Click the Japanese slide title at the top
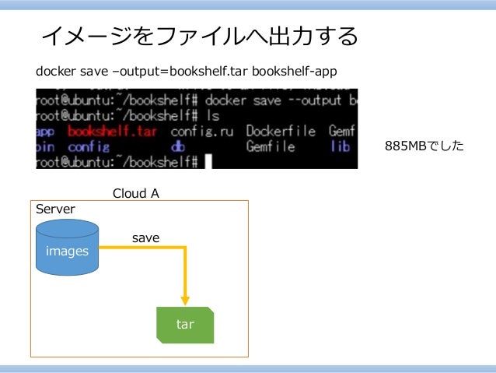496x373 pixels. (x=199, y=36)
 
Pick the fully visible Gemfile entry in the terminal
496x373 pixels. (x=271, y=146)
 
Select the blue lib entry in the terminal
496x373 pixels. (x=340, y=146)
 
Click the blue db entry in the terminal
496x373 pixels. (x=177, y=146)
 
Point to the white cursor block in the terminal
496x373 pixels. (x=208, y=161)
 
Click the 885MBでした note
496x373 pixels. (x=424, y=146)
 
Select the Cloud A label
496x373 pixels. (x=136, y=193)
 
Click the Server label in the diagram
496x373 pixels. (x=56, y=209)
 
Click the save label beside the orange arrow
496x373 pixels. (x=145, y=238)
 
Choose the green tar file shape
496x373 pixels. (x=185, y=325)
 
